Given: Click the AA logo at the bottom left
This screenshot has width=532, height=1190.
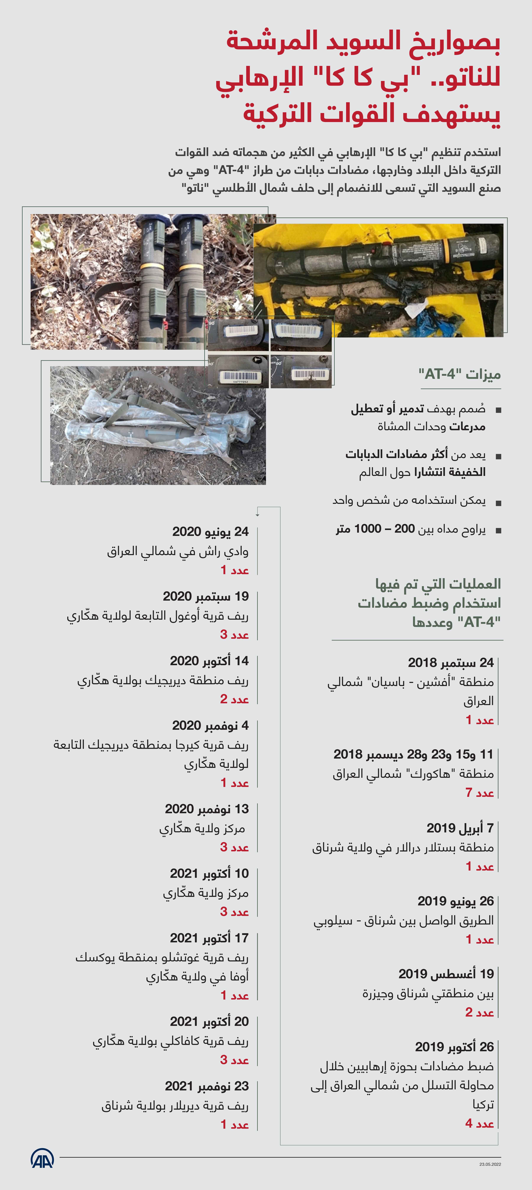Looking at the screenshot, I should [x=43, y=1159].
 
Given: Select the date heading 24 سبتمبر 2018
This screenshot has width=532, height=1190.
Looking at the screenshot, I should [x=451, y=662].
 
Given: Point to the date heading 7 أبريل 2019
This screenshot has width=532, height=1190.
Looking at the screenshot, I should [x=460, y=828].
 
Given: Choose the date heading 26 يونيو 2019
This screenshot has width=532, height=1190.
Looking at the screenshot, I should [x=455, y=901].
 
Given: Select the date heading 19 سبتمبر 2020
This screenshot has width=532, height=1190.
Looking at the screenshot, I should [x=206, y=596].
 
